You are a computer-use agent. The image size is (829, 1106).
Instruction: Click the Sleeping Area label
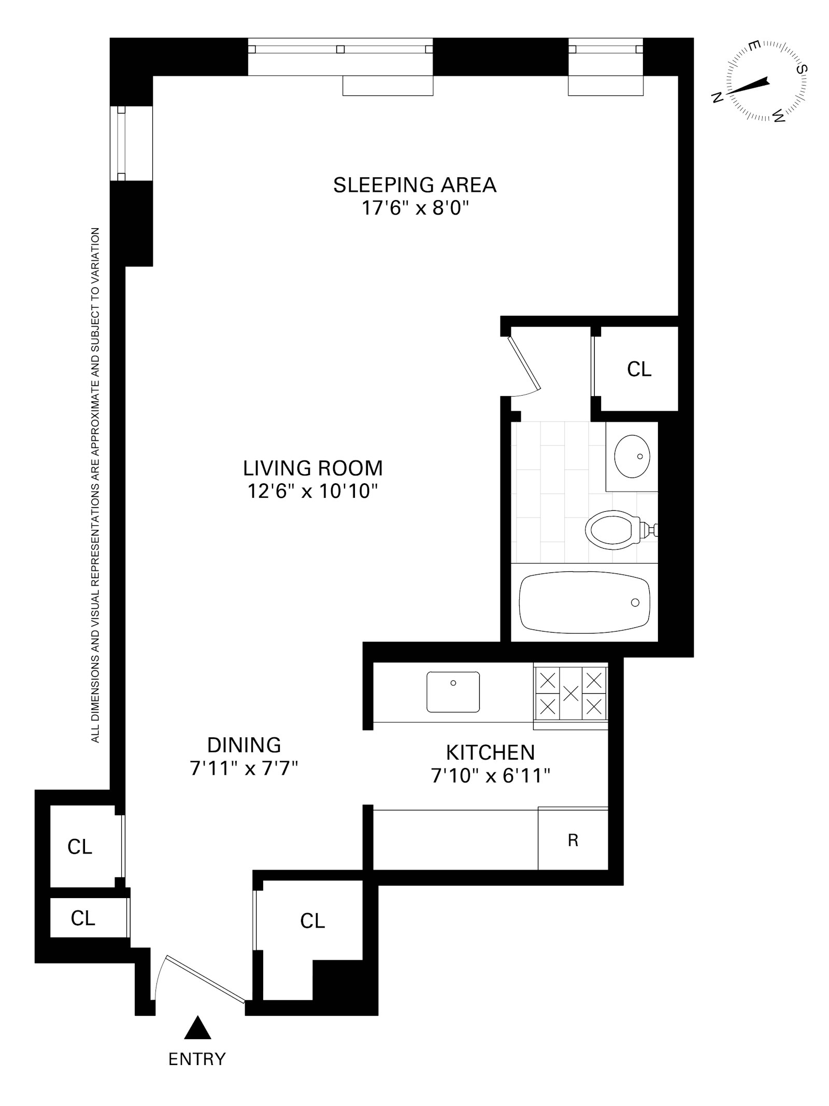(x=414, y=185)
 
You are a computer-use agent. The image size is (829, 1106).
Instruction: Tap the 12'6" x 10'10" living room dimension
(x=312, y=491)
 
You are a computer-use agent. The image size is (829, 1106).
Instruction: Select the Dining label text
(x=244, y=745)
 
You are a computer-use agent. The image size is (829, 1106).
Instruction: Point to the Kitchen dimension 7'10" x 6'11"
(x=490, y=776)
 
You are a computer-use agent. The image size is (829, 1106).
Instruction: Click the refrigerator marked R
(x=573, y=841)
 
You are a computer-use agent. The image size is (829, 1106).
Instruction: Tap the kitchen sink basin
(x=453, y=692)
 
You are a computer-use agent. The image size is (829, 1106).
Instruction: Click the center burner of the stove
(x=570, y=693)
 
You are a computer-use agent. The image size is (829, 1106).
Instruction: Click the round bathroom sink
(x=632, y=456)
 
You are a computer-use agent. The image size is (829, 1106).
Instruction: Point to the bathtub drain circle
(x=635, y=603)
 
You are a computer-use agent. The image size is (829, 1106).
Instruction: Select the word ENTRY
(x=197, y=1058)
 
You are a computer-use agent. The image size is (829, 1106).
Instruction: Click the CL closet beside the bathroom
(x=639, y=369)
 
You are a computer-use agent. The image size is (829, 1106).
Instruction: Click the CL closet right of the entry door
(x=312, y=921)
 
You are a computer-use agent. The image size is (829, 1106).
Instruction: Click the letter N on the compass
(x=717, y=97)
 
